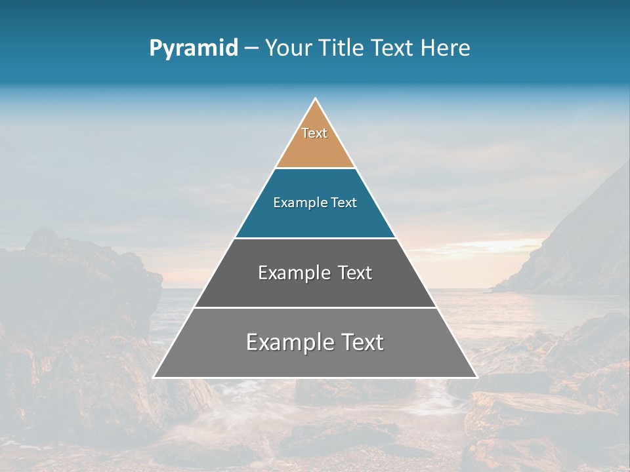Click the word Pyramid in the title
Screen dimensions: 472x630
point(193,49)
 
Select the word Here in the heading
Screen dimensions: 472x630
point(446,48)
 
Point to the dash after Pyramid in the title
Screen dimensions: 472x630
point(251,49)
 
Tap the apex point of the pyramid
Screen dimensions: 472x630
point(316,99)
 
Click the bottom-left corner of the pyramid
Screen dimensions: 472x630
point(154,377)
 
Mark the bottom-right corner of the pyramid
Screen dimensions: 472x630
point(476,377)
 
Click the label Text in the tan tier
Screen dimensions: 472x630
point(314,133)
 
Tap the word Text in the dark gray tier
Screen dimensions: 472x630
point(355,273)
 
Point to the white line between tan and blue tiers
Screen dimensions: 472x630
point(315,168)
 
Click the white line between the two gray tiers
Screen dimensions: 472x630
point(315,307)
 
